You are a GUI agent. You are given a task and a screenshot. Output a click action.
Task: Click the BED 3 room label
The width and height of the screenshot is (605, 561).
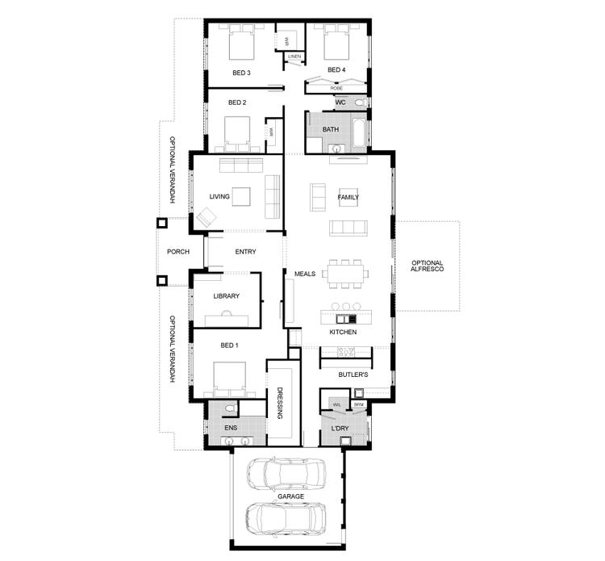[x=241, y=73]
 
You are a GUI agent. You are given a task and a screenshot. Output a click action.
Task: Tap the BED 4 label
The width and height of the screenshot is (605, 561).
[x=336, y=70]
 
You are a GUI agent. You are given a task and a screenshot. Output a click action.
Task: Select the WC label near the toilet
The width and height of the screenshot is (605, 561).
[x=340, y=103]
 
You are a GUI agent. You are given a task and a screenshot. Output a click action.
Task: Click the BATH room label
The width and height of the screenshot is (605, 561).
[x=331, y=129]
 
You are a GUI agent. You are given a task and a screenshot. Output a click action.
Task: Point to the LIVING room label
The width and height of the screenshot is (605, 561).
[x=219, y=196]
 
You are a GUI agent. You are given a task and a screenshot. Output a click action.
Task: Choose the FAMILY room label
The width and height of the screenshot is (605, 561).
[x=348, y=197]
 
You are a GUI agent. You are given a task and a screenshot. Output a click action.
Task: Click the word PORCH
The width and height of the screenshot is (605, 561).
[x=178, y=252]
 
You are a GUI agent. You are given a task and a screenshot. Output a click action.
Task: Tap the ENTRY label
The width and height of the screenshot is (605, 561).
[x=245, y=252]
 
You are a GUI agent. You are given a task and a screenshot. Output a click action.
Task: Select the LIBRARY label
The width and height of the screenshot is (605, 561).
[x=227, y=296]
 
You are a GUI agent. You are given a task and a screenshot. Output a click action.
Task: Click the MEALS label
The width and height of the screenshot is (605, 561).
[x=305, y=274]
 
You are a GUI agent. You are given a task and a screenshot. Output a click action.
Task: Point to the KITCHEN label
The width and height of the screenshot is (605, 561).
[x=343, y=333]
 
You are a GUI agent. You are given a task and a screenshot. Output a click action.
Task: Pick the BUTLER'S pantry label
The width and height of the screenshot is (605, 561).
[x=353, y=375]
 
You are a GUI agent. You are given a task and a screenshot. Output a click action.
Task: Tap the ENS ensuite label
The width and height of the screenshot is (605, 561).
[x=230, y=427]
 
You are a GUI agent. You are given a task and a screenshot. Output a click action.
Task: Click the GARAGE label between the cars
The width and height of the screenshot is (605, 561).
[x=287, y=496]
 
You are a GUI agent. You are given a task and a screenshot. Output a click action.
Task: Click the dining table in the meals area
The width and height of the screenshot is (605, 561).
[x=348, y=274]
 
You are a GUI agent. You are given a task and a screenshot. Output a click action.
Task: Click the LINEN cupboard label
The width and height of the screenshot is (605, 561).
[x=294, y=57]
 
